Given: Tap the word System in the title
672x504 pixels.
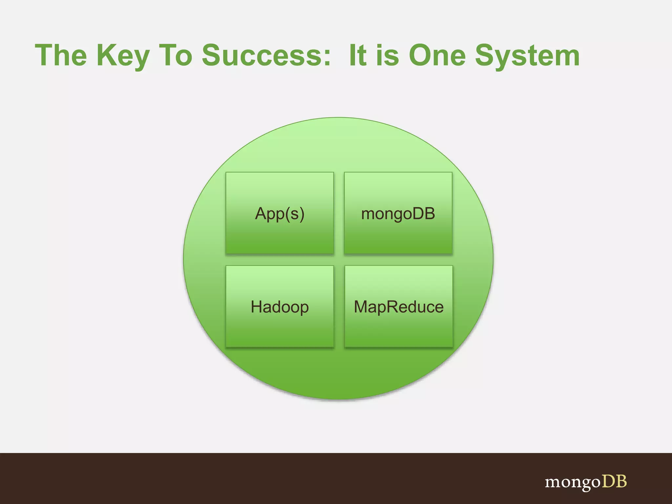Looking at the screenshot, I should [527, 56].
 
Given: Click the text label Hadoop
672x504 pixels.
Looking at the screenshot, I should [280, 307].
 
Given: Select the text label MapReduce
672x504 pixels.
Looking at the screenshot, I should [399, 307].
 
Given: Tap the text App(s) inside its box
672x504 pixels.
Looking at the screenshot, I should [280, 214].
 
